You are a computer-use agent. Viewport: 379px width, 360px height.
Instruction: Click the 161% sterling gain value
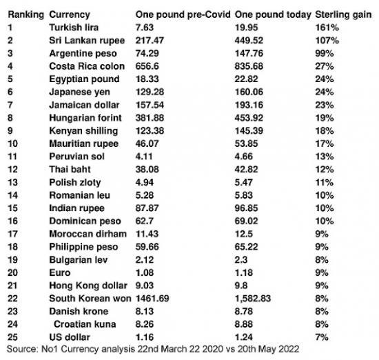pyautogui.click(x=326, y=27)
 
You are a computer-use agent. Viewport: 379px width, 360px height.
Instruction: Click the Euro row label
pyautogui.click(x=59, y=272)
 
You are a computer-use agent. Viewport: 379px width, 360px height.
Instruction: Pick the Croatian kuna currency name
pyautogui.click(x=83, y=324)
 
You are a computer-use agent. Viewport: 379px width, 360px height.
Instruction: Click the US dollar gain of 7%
pyautogui.click(x=322, y=337)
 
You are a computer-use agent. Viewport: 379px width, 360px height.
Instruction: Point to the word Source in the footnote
pyautogui.click(x=19, y=350)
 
